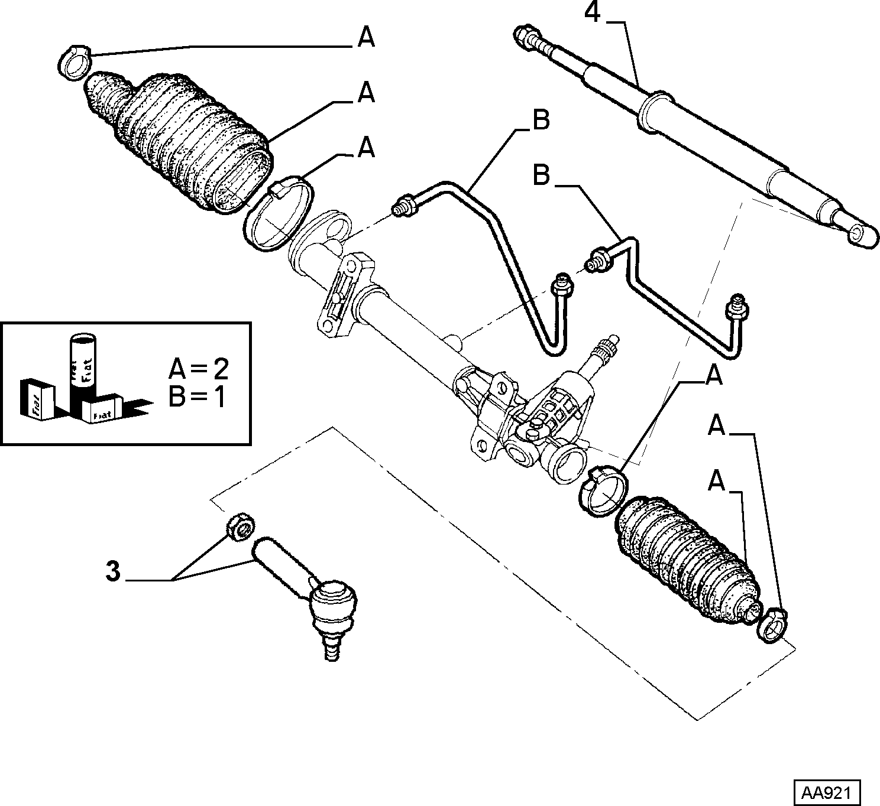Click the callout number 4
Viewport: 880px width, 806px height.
click(592, 12)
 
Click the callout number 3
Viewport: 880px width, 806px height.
click(113, 572)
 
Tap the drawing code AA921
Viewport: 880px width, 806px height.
click(827, 793)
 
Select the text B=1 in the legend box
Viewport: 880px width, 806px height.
click(197, 397)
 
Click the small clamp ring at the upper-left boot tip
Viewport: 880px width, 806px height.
click(74, 63)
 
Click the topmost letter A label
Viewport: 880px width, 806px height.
click(367, 37)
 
